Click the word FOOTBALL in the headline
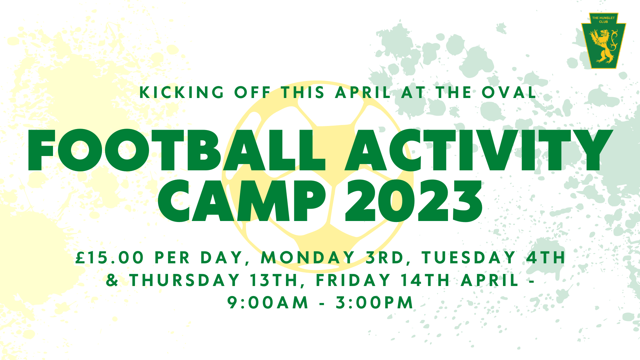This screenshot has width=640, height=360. (x=177, y=150)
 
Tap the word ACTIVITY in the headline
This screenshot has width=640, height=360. (x=479, y=150)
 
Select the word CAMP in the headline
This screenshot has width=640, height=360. (x=242, y=201)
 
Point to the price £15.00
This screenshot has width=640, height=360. (x=110, y=258)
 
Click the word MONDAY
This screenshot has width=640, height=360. (x=308, y=258)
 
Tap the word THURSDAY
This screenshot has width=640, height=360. (x=185, y=280)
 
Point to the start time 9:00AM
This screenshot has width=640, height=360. (x=268, y=303)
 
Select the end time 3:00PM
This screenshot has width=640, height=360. (x=374, y=303)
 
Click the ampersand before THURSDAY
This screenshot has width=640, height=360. (x=112, y=280)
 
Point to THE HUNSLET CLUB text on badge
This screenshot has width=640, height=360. (x=603, y=20)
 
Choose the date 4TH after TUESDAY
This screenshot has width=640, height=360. (x=546, y=258)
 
